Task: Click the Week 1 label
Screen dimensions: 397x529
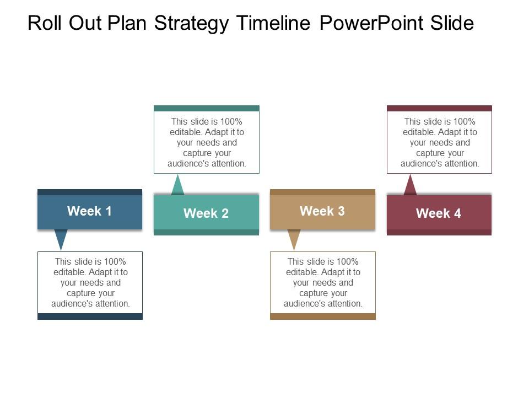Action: click(x=89, y=211)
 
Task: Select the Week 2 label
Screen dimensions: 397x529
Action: click(x=206, y=213)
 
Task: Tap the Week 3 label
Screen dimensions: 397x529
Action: click(x=322, y=211)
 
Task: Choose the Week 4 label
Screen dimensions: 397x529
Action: click(x=439, y=213)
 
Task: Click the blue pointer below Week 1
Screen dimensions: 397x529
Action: click(x=61, y=239)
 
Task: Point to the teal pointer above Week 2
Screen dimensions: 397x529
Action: click(x=177, y=186)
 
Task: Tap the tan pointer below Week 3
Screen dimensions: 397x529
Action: click(x=294, y=239)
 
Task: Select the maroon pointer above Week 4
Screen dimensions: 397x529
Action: click(x=410, y=186)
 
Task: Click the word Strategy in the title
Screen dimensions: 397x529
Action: click(x=192, y=23)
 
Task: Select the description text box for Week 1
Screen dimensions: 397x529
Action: click(x=90, y=282)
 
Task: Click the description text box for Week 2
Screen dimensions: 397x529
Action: click(x=207, y=142)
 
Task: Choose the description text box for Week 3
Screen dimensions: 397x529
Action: click(x=323, y=282)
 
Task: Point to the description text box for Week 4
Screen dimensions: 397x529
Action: click(x=439, y=142)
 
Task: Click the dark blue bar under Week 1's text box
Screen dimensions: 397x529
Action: click(x=90, y=316)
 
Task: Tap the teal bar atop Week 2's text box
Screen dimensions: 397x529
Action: click(x=207, y=108)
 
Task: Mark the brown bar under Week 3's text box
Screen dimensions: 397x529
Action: click(x=323, y=316)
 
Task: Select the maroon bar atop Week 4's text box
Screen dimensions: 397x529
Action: click(x=439, y=108)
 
